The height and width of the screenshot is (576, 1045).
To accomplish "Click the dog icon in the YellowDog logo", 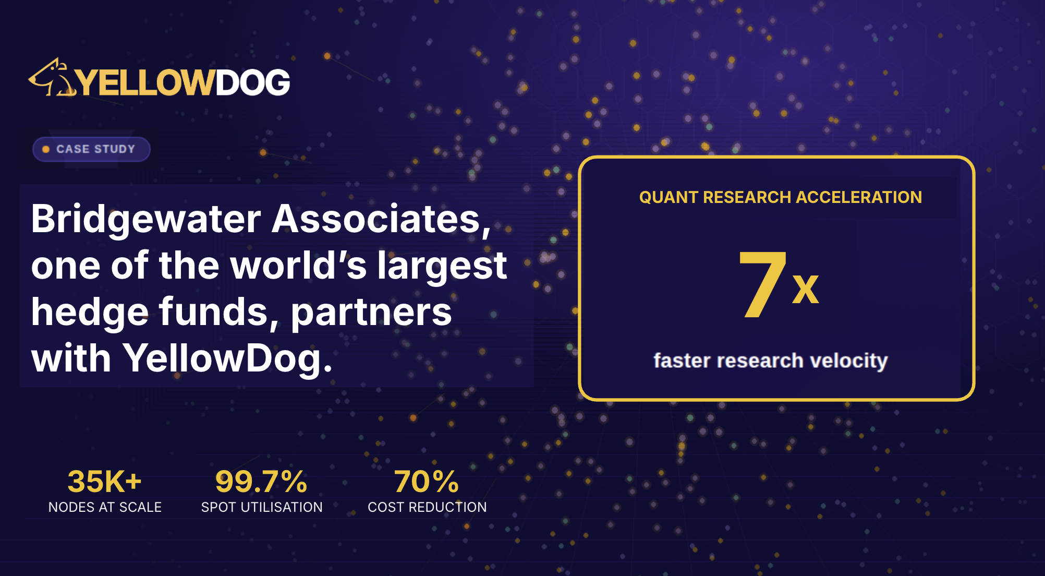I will (52, 78).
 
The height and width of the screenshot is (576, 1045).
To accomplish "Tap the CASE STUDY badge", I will (91, 149).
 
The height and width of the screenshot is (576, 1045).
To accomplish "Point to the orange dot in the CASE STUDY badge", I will (46, 149).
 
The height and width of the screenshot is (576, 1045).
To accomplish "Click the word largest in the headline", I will (442, 266).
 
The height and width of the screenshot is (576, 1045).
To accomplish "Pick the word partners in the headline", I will (371, 313).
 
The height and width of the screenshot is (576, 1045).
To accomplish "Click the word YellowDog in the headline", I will (227, 359).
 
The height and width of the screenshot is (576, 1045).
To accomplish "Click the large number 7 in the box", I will (762, 284).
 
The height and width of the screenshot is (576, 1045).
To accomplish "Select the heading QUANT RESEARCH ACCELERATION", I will (780, 197).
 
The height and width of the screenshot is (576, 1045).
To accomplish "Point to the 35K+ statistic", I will (104, 481).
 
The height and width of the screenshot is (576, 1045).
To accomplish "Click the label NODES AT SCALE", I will (105, 507).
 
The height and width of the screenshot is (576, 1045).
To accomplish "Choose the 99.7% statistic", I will (261, 481).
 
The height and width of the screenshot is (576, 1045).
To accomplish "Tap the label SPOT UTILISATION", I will (262, 507).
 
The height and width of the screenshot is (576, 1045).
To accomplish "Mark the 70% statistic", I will (427, 481).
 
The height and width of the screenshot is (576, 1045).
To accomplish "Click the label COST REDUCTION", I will (427, 507).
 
